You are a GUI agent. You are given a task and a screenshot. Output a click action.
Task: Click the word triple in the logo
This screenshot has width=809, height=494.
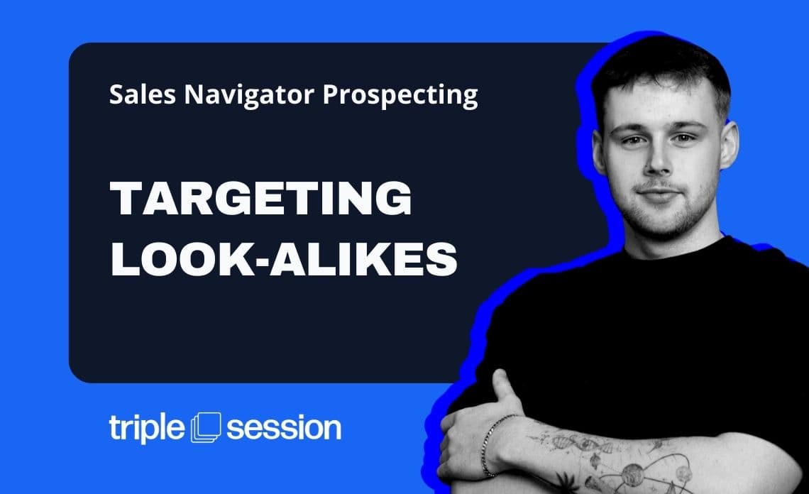146,429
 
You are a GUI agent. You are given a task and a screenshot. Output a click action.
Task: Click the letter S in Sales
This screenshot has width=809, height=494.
116,95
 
